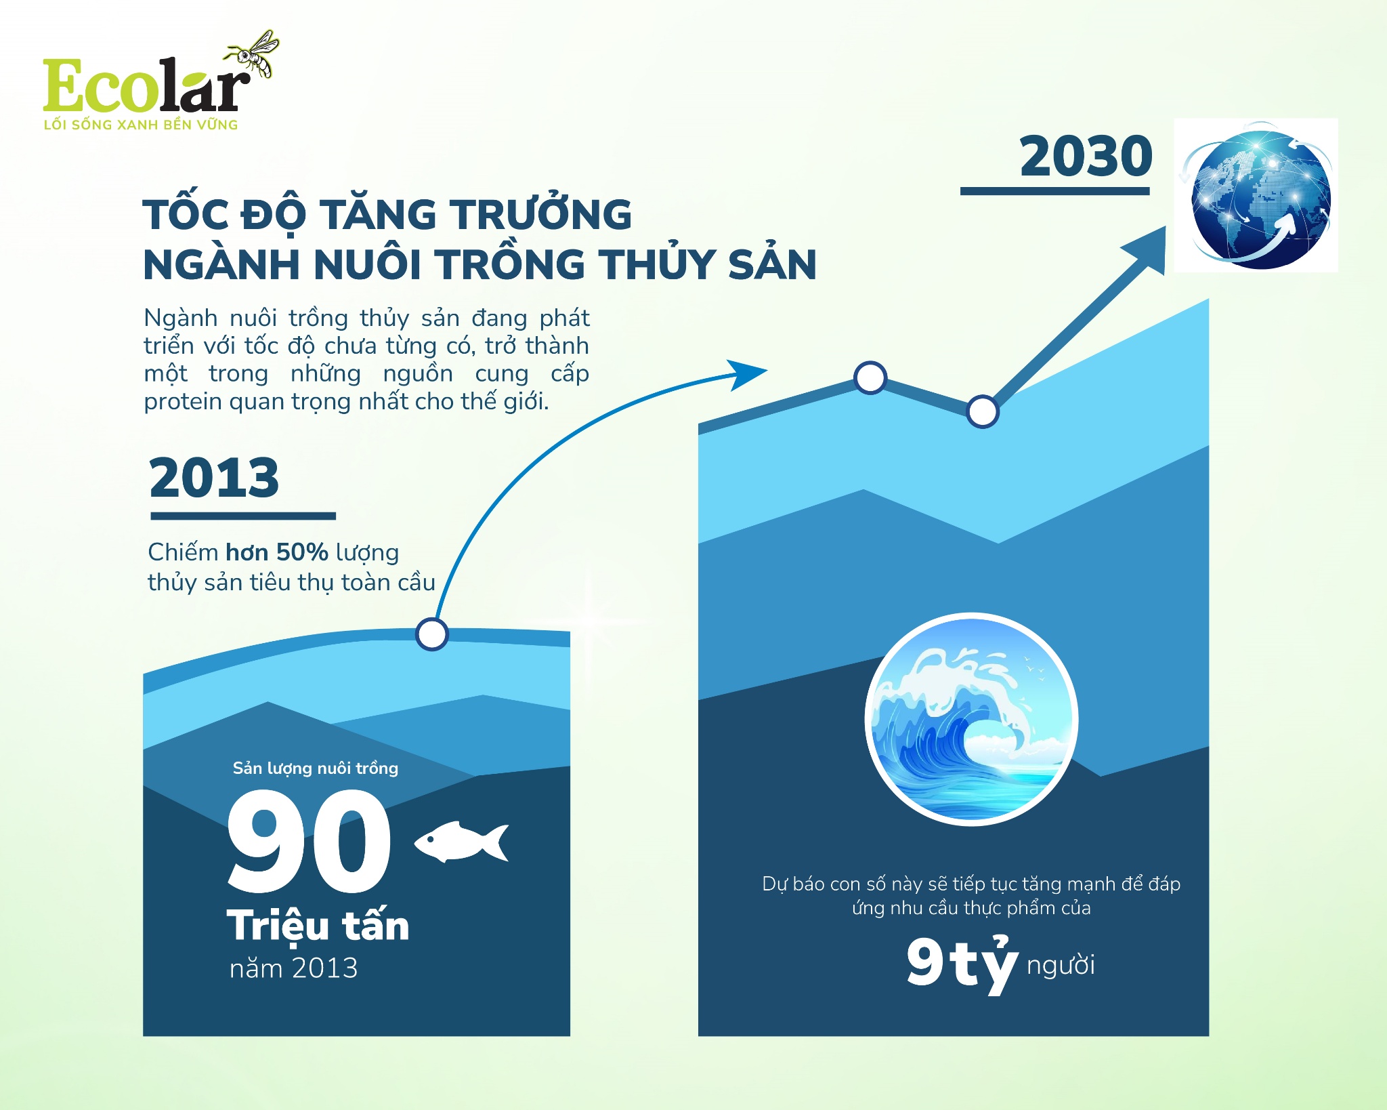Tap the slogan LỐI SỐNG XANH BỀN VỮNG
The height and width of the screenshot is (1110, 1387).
[141, 125]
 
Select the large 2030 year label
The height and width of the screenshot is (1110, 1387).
[1086, 157]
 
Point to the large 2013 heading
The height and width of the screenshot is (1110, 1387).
[214, 478]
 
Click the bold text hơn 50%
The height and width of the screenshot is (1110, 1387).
[276, 552]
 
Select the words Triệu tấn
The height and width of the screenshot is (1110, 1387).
[318, 926]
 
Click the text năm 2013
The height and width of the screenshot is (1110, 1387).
[293, 968]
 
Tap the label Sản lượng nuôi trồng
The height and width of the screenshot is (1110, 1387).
[315, 768]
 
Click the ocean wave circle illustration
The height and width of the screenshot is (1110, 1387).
[971, 719]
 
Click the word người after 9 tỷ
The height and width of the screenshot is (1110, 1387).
[1061, 965]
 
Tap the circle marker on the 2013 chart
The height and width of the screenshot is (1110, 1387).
[432, 634]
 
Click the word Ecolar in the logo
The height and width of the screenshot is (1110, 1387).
[142, 86]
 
